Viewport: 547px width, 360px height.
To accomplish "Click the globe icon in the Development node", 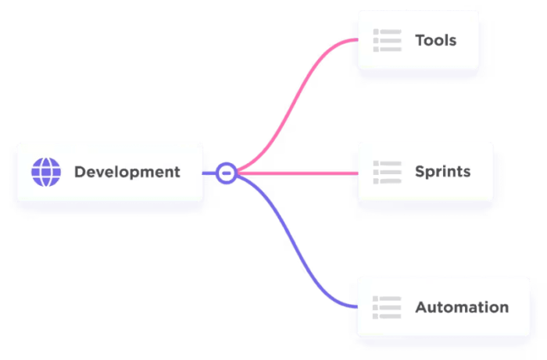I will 45,172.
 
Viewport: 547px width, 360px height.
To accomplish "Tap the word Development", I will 127,172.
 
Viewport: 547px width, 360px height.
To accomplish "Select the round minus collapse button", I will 227,172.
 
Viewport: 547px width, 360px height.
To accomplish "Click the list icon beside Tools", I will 387,40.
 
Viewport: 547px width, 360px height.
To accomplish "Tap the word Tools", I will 435,40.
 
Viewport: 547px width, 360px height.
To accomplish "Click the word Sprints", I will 442,171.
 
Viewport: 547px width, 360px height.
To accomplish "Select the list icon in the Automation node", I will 387,307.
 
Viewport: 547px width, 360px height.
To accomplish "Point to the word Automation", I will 461,307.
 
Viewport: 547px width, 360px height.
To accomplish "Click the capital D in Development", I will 80,172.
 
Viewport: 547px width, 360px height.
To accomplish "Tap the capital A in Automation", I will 420,307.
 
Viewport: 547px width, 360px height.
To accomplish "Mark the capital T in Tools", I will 420,40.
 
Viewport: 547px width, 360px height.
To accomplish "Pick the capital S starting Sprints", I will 420,171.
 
